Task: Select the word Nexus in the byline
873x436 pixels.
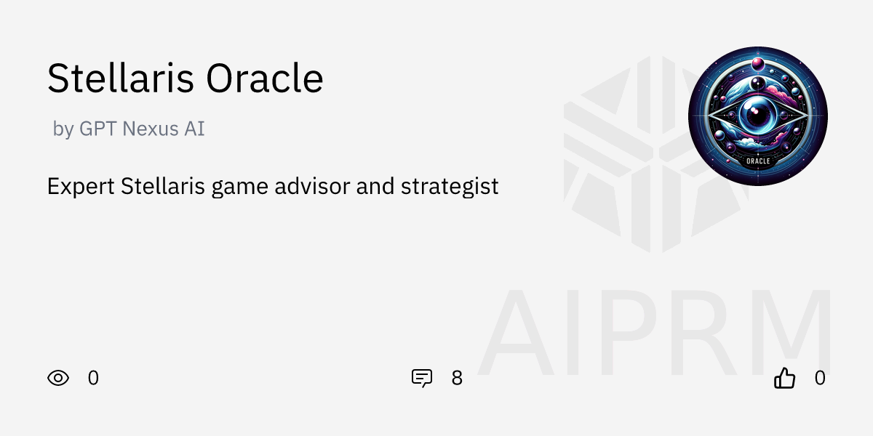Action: [148, 129]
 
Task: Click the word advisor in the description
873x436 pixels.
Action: [314, 186]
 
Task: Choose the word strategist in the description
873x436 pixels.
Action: [450, 186]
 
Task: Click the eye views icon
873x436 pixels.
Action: [58, 378]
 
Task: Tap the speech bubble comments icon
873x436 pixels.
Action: [422, 378]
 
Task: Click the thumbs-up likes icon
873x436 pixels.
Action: [784, 378]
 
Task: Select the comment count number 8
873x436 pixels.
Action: [457, 378]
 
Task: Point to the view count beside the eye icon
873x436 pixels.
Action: [93, 378]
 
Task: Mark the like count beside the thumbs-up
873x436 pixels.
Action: [820, 378]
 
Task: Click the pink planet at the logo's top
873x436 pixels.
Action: [757, 64]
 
